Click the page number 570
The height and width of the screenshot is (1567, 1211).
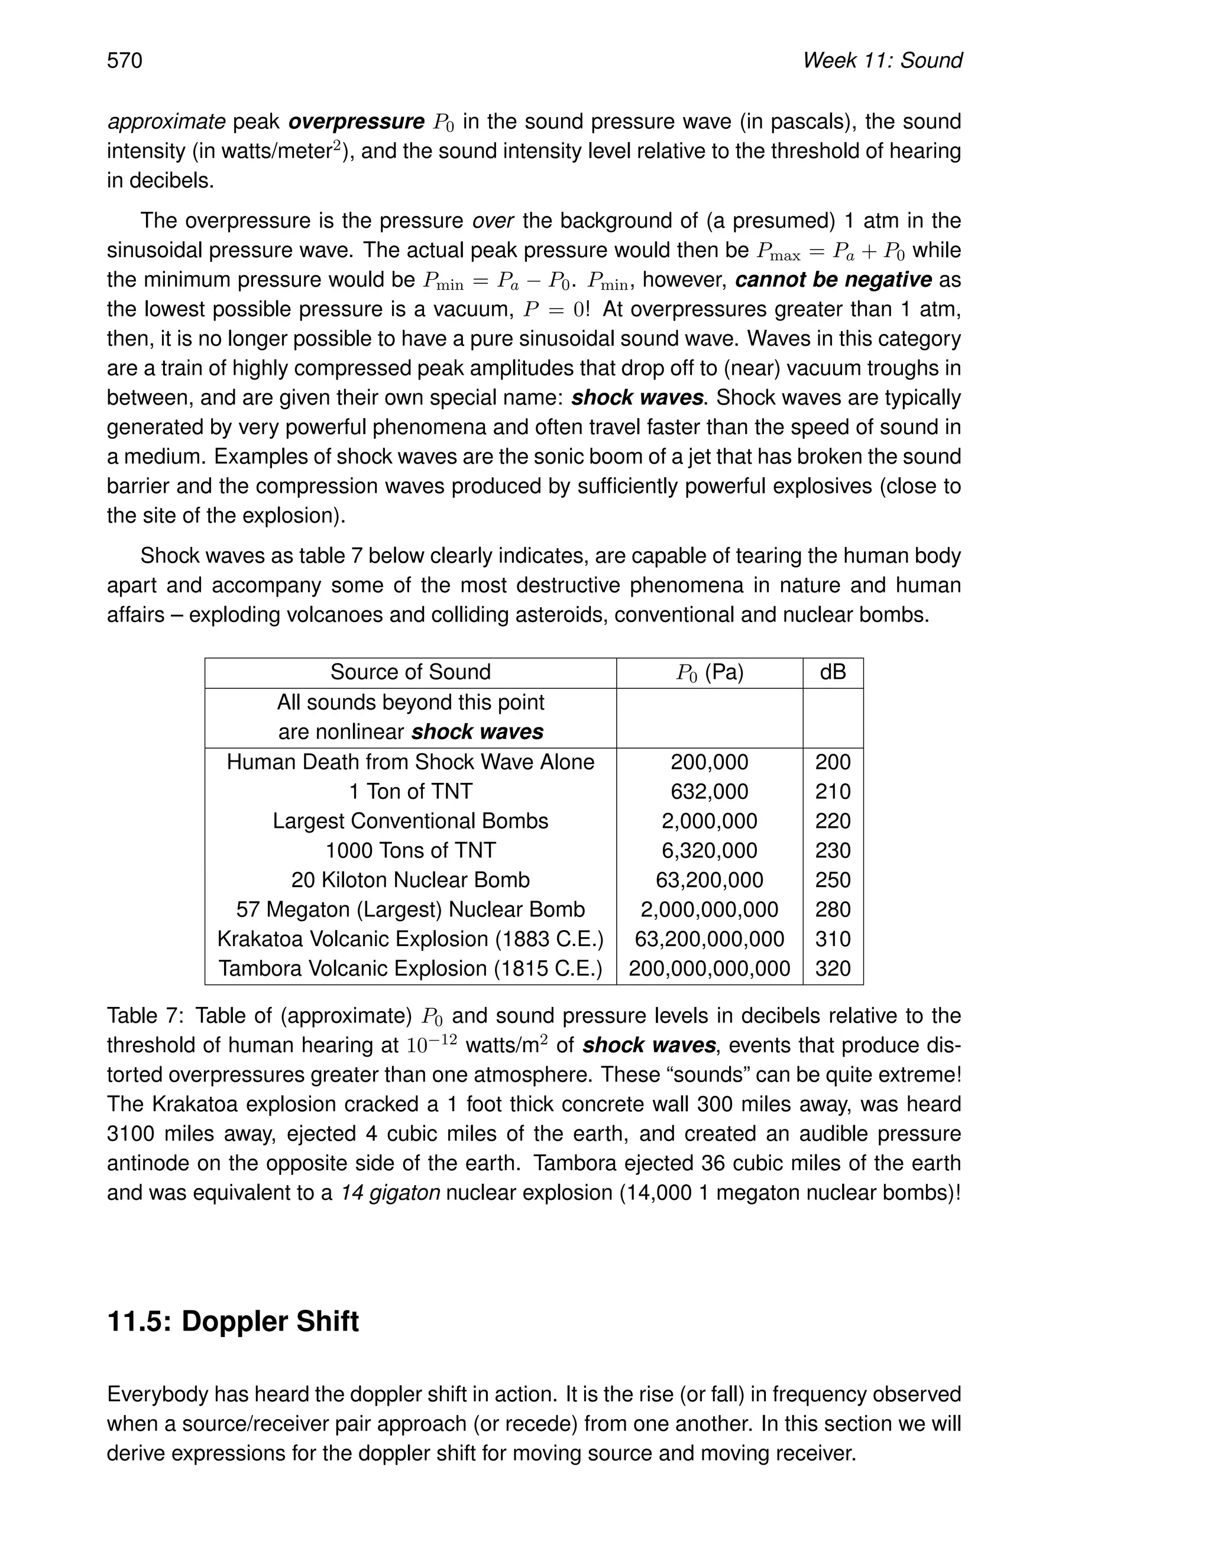(125, 60)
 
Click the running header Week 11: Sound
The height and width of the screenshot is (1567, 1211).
(882, 60)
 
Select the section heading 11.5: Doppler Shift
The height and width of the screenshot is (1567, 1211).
(232, 1321)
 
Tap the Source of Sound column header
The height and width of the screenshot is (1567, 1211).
(410, 672)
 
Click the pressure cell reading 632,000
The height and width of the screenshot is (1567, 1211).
(709, 791)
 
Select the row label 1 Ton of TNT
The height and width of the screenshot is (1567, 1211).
(410, 791)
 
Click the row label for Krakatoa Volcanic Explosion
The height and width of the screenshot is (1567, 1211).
(410, 938)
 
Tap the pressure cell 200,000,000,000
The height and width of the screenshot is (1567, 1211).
(709, 969)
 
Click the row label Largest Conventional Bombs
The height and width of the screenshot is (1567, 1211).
(410, 821)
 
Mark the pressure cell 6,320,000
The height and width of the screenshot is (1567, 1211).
(709, 850)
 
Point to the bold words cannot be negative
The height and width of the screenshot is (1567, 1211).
(833, 280)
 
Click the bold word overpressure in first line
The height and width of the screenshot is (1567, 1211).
(356, 122)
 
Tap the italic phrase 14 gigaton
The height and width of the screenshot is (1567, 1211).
(390, 1193)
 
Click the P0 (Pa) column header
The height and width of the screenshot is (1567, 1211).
(709, 672)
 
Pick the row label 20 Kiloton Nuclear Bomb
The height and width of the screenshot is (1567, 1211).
(410, 880)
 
